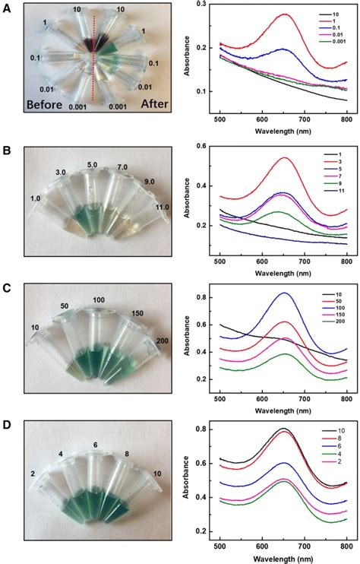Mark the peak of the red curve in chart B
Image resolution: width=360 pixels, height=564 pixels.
[286, 158]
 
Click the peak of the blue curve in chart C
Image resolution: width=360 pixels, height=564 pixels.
[286, 293]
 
